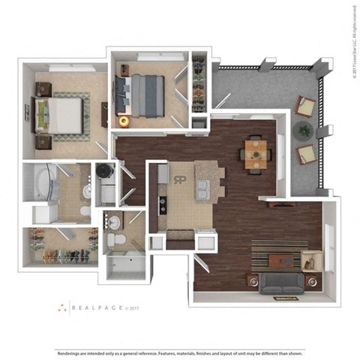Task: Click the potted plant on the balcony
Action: pos(304,130)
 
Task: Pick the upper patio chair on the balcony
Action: pos(305,107)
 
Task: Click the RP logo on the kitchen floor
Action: pos(180,180)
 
